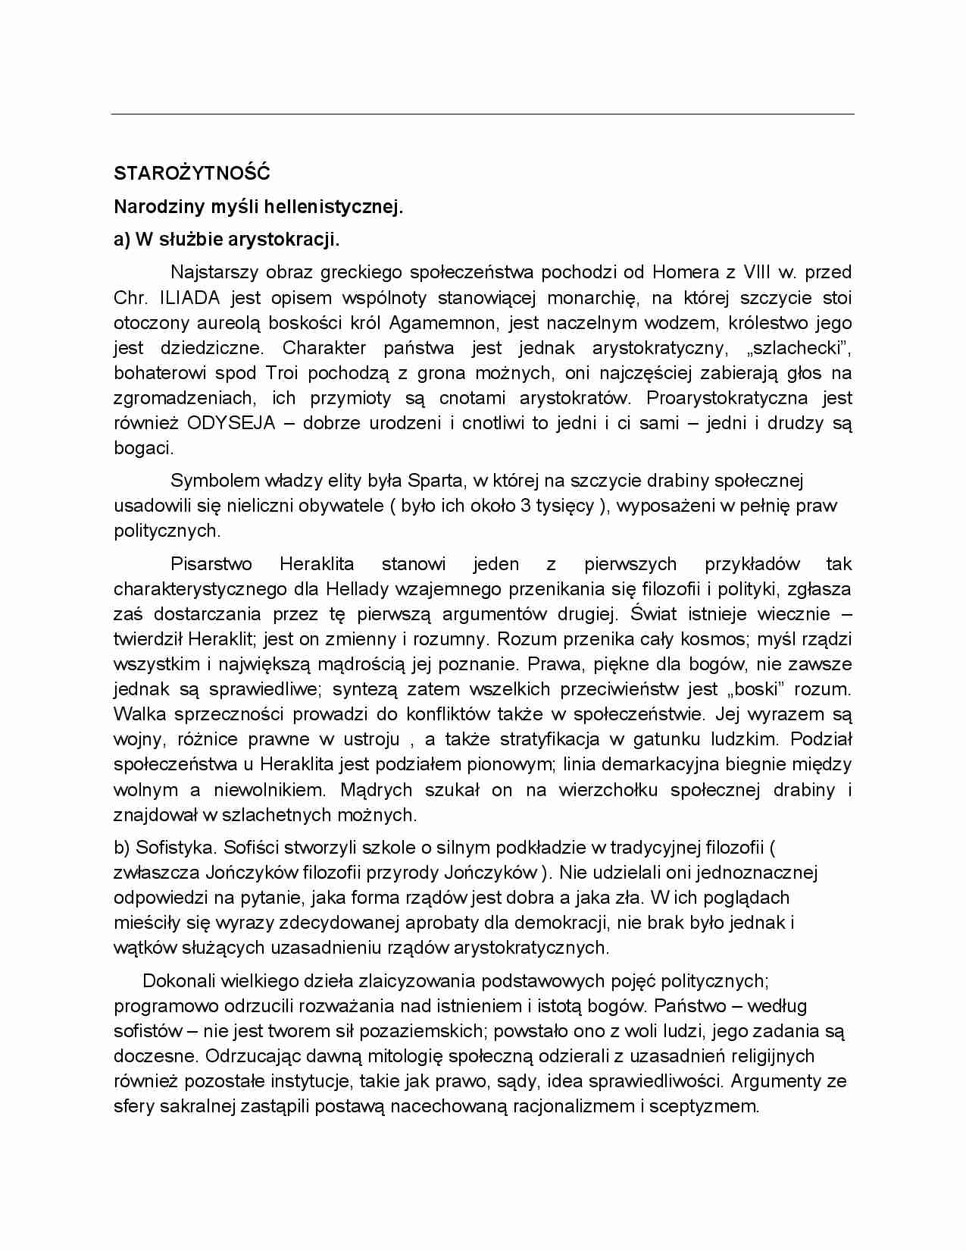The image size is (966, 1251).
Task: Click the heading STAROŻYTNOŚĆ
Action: pyautogui.click(x=192, y=173)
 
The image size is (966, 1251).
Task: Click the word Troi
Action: pyautogui.click(x=282, y=373)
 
